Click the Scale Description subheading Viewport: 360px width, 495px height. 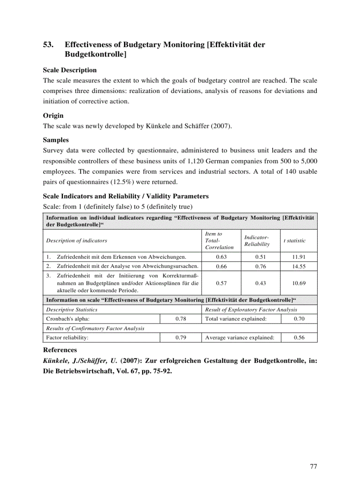point(70,70)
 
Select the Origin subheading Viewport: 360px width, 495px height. point(53,115)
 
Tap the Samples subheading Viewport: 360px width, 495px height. point(56,140)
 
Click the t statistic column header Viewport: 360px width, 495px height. point(294,241)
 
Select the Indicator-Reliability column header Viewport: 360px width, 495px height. point(257,241)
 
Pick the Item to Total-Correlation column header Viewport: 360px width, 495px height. point(219,241)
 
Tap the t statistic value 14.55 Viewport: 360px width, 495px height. point(299,267)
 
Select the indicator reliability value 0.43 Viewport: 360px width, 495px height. point(260,283)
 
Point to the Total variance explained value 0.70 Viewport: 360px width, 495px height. point(299,319)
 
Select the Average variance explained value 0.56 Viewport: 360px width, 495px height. point(299,338)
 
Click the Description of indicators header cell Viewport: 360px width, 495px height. point(77,241)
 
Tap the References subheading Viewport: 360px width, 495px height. point(60,350)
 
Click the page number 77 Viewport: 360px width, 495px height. point(313,466)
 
